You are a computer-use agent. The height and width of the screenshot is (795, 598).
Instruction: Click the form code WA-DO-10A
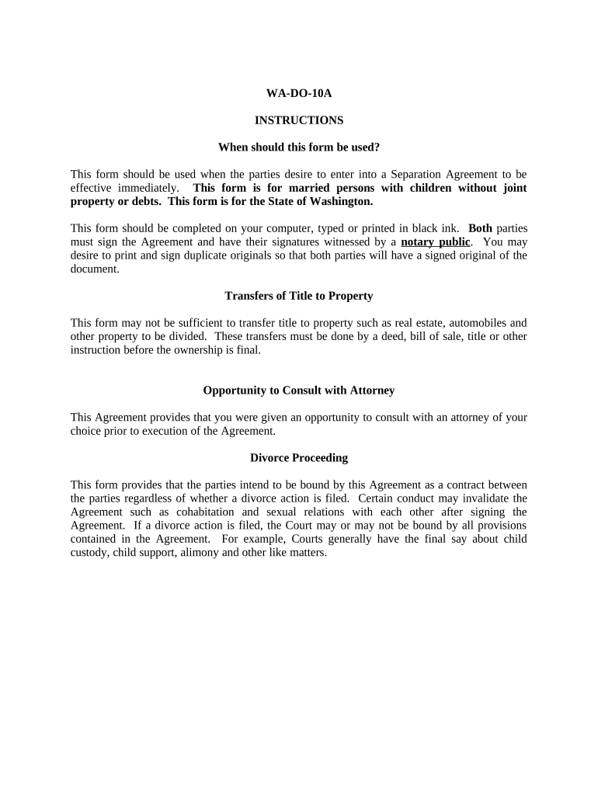(x=299, y=94)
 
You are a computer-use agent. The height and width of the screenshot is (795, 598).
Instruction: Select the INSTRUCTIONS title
(x=299, y=120)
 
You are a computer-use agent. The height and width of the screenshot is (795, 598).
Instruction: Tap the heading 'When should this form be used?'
(x=299, y=147)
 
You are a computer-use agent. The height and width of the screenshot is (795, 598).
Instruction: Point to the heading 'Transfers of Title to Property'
(x=299, y=296)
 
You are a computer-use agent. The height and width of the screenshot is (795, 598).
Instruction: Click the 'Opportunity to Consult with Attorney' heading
(x=299, y=391)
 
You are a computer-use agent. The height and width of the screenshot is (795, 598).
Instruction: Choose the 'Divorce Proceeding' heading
(x=299, y=458)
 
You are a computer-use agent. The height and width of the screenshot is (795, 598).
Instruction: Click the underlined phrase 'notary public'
(x=435, y=241)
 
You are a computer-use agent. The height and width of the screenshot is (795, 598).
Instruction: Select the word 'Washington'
(x=340, y=201)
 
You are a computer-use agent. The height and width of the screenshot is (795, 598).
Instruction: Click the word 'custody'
(x=89, y=553)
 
